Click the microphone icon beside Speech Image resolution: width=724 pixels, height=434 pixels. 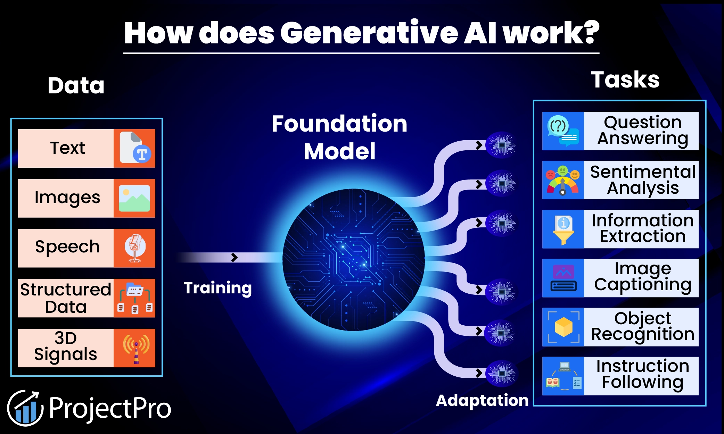click(x=135, y=248)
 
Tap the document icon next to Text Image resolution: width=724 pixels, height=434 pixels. click(x=135, y=148)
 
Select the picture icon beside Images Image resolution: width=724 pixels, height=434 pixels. click(x=134, y=198)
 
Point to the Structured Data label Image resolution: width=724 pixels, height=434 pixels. click(x=66, y=298)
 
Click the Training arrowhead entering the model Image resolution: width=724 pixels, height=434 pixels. click(x=235, y=257)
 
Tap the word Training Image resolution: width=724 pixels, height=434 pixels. click(x=217, y=288)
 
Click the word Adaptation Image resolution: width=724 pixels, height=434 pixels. click(x=482, y=400)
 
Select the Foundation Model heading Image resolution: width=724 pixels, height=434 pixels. click(x=339, y=137)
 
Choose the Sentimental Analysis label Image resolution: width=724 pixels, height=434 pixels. click(x=643, y=180)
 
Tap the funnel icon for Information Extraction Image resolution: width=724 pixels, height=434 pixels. click(x=563, y=229)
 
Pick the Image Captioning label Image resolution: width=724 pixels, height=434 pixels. click(x=643, y=278)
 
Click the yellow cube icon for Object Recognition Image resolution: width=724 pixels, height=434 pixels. click(x=563, y=327)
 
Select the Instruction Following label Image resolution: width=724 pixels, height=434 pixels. click(x=643, y=374)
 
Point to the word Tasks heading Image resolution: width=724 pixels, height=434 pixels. click(x=625, y=80)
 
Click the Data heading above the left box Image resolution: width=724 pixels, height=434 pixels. click(x=76, y=85)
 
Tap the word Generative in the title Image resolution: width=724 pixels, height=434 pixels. click(x=369, y=33)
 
